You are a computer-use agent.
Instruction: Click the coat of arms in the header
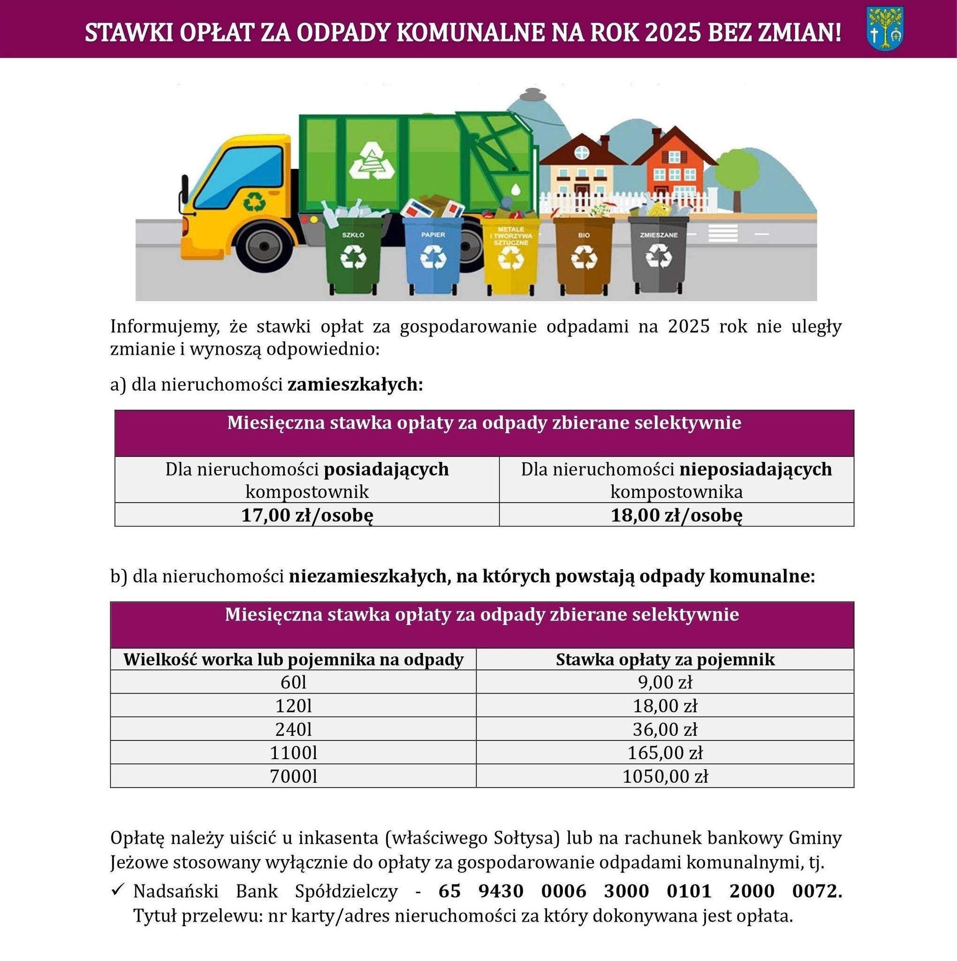885,28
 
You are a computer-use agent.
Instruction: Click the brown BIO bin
584,256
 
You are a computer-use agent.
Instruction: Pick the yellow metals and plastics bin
510,256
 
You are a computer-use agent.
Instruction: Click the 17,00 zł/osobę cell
307,515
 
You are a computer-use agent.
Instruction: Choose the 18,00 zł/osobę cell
676,515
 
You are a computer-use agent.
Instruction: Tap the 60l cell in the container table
293,681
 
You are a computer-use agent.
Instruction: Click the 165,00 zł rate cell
665,753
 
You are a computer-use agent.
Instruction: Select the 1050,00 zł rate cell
665,776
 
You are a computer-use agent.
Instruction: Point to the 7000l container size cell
293,776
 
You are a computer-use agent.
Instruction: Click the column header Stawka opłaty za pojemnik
665,659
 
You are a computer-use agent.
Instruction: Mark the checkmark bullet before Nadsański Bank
117,890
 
